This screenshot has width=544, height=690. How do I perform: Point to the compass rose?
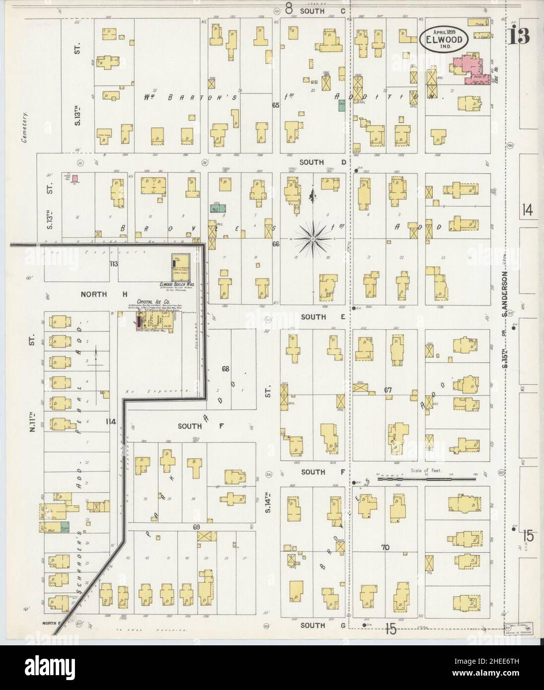(313, 239)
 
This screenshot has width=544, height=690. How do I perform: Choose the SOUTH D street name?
(312, 162)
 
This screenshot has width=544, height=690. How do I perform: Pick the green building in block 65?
(342, 104)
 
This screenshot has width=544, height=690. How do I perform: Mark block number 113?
(114, 264)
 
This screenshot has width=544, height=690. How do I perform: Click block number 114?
(110, 421)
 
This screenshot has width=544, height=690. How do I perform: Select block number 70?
(384, 548)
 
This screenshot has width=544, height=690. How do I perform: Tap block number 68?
(225, 369)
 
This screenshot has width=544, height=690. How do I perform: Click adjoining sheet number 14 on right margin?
(527, 210)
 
